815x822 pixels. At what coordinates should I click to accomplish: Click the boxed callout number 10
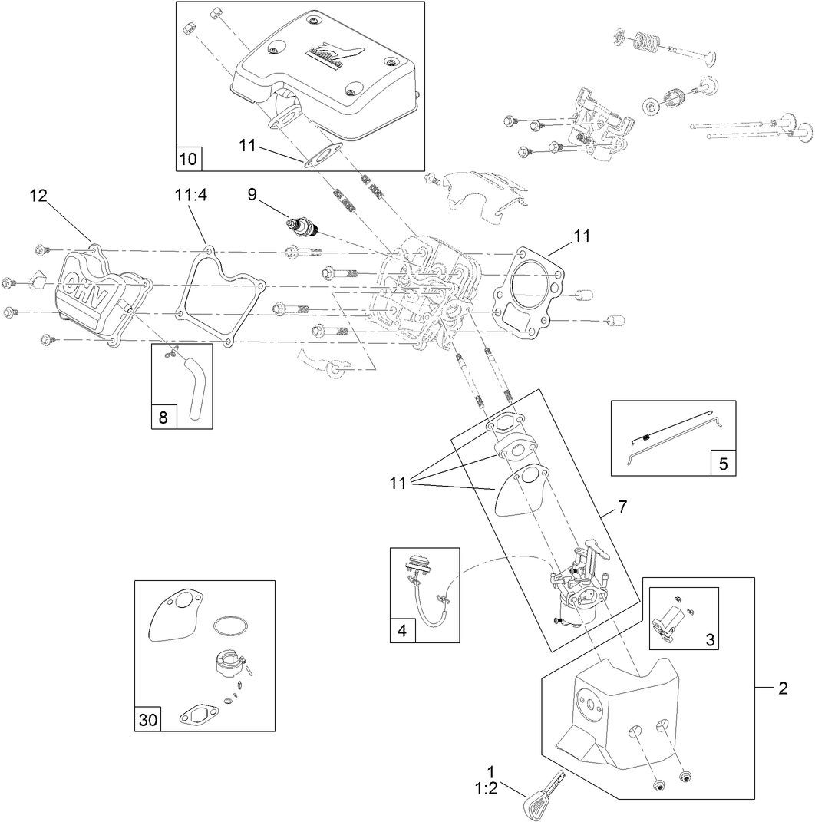188,159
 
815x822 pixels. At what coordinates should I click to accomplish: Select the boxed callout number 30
147,719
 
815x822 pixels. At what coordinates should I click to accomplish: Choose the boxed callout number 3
709,639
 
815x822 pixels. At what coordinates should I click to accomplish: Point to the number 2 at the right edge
783,688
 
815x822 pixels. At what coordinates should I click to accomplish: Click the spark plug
302,226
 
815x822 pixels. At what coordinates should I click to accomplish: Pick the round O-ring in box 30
229,626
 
